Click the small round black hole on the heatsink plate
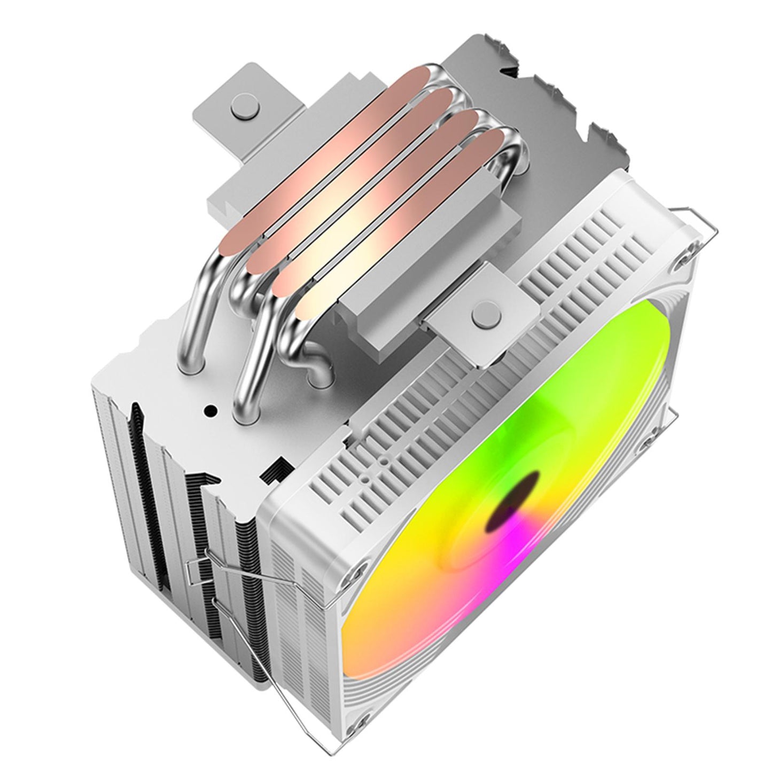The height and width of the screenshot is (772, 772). coord(210,411)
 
